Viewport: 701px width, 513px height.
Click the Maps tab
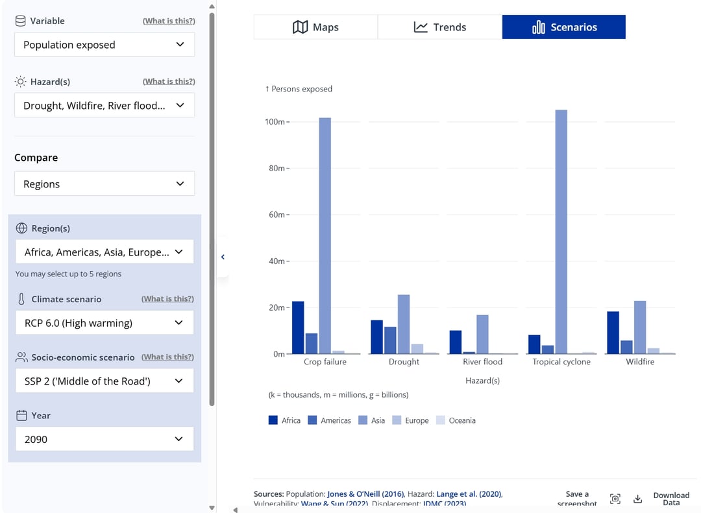(315, 27)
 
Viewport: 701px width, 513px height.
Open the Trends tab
(439, 27)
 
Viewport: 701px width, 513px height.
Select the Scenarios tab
(563, 27)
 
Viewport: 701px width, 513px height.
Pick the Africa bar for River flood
(456, 342)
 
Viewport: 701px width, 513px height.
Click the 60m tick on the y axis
(277, 215)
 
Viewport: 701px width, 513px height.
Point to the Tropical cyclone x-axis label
(561, 362)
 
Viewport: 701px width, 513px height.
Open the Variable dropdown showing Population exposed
(105, 45)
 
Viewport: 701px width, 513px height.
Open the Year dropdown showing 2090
(105, 439)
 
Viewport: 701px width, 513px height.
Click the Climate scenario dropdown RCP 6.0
(105, 323)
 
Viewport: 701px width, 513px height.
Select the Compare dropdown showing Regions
(105, 184)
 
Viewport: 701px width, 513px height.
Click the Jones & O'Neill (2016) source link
(365, 494)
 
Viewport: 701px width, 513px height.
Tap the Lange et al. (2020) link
(468, 494)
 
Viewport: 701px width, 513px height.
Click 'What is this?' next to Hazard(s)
(169, 82)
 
